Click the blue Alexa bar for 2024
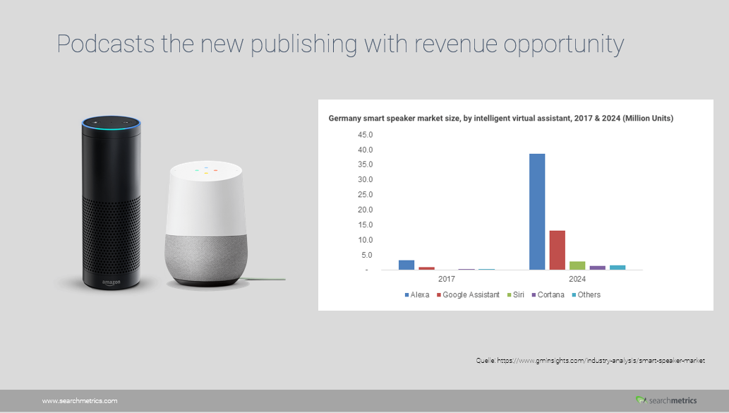(537, 212)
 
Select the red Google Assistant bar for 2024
(557, 250)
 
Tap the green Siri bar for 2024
(577, 265)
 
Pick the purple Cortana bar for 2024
(598, 268)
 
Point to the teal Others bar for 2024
(617, 268)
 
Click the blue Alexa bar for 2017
(406, 265)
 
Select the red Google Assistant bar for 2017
(426, 268)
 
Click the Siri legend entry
(516, 295)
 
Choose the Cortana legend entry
(548, 295)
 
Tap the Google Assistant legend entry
(468, 295)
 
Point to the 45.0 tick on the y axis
(365, 135)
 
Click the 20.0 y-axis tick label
(365, 210)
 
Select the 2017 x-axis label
(446, 279)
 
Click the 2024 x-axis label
(577, 279)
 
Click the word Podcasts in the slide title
(106, 44)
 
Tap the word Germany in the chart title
(344, 119)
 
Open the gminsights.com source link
(601, 361)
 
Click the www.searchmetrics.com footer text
(80, 401)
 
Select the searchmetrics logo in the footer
(666, 400)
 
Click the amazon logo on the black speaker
(111, 282)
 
